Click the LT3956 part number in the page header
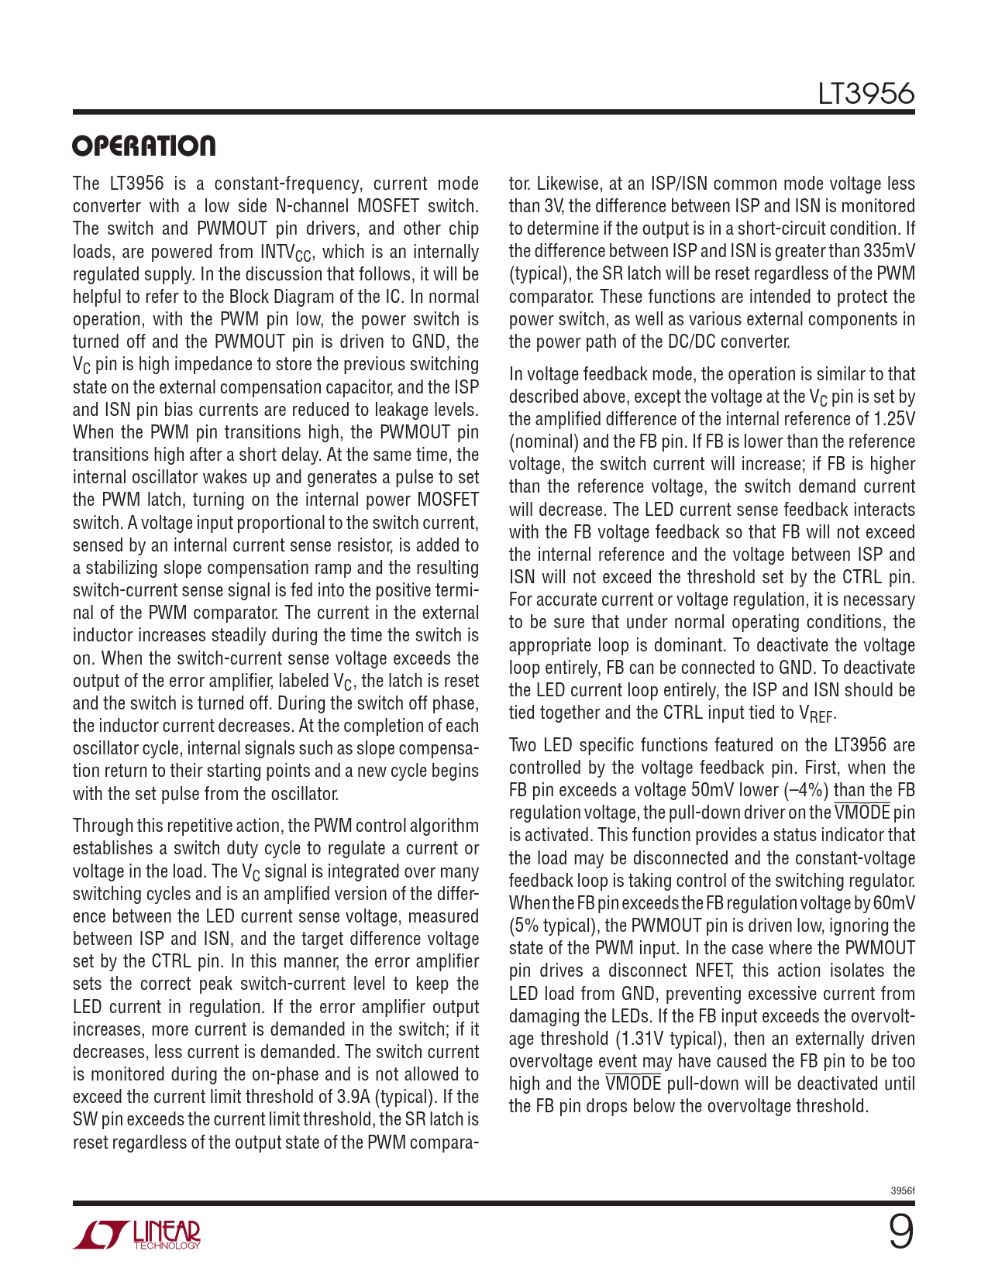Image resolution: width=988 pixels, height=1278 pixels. (866, 94)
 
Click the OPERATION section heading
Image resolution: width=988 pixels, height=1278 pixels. (144, 146)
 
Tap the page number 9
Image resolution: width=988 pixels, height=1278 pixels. (900, 1231)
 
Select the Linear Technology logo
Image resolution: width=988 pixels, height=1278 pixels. (137, 1234)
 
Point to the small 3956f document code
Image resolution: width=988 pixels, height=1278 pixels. (903, 1191)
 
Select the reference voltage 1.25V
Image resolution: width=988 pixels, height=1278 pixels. (893, 420)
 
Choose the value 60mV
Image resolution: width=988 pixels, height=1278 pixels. (894, 904)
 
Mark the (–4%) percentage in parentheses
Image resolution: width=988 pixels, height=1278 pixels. (805, 791)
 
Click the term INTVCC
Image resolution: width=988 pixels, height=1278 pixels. (286, 253)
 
